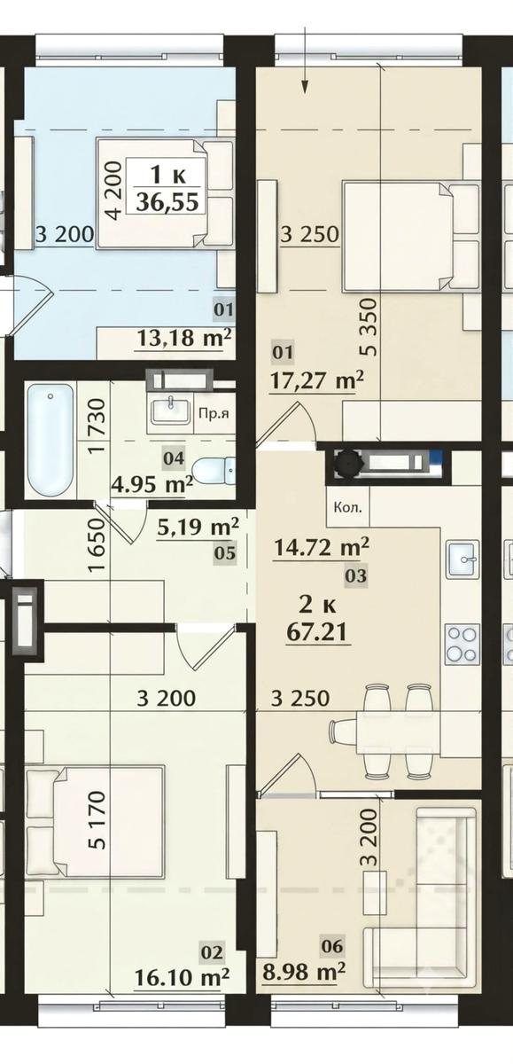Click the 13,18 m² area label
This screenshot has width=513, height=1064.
(184, 338)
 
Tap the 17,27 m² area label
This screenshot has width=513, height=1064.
(317, 379)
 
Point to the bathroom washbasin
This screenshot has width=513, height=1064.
(169, 411)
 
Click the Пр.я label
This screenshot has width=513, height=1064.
(214, 414)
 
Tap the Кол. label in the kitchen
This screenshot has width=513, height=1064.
(348, 507)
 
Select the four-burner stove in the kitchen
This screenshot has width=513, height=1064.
(461, 644)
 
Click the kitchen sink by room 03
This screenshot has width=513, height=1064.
(462, 559)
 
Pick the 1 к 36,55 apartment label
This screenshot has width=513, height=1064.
(167, 190)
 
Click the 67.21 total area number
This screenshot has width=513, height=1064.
(316, 633)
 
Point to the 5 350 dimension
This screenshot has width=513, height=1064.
(369, 327)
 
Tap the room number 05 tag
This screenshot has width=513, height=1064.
(225, 553)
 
